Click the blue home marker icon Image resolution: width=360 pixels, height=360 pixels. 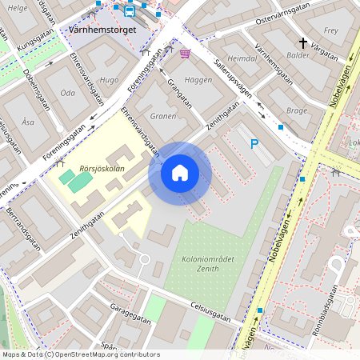[x=180, y=173]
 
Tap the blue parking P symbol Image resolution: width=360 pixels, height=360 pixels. [x=254, y=144]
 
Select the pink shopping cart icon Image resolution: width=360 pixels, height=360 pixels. [x=186, y=54]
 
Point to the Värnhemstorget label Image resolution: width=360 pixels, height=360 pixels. [x=103, y=30]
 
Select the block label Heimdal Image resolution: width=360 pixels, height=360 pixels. [x=242, y=59]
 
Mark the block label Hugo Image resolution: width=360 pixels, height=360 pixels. [x=110, y=80]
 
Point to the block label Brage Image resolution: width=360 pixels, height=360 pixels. [x=296, y=110]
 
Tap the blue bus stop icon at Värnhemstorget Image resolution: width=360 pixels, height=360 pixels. [x=130, y=12]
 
